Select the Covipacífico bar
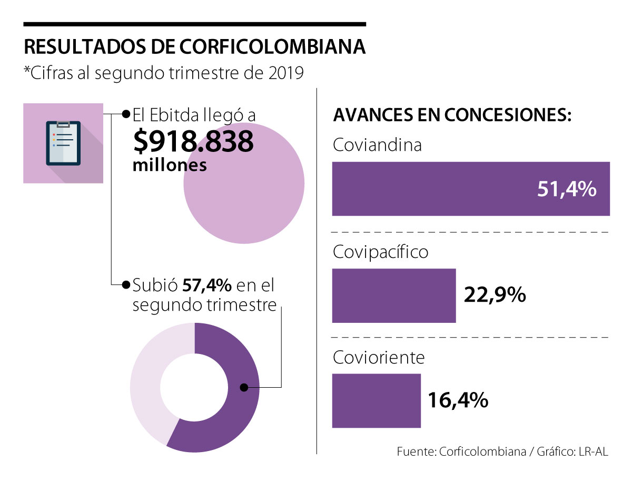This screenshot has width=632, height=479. pos(393,295)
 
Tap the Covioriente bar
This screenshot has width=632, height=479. pos(376,400)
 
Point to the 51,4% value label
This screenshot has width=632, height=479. pos(566,189)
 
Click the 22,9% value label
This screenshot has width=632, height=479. pos(495,295)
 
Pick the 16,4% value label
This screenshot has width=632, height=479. pos(457,400)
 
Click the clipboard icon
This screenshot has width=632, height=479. pos(63,143)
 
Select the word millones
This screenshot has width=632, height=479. pos(169,165)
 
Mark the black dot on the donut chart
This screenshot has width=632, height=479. pos(244,388)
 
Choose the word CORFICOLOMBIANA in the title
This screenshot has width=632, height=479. pos(272,46)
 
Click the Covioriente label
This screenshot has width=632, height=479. pos(379,358)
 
